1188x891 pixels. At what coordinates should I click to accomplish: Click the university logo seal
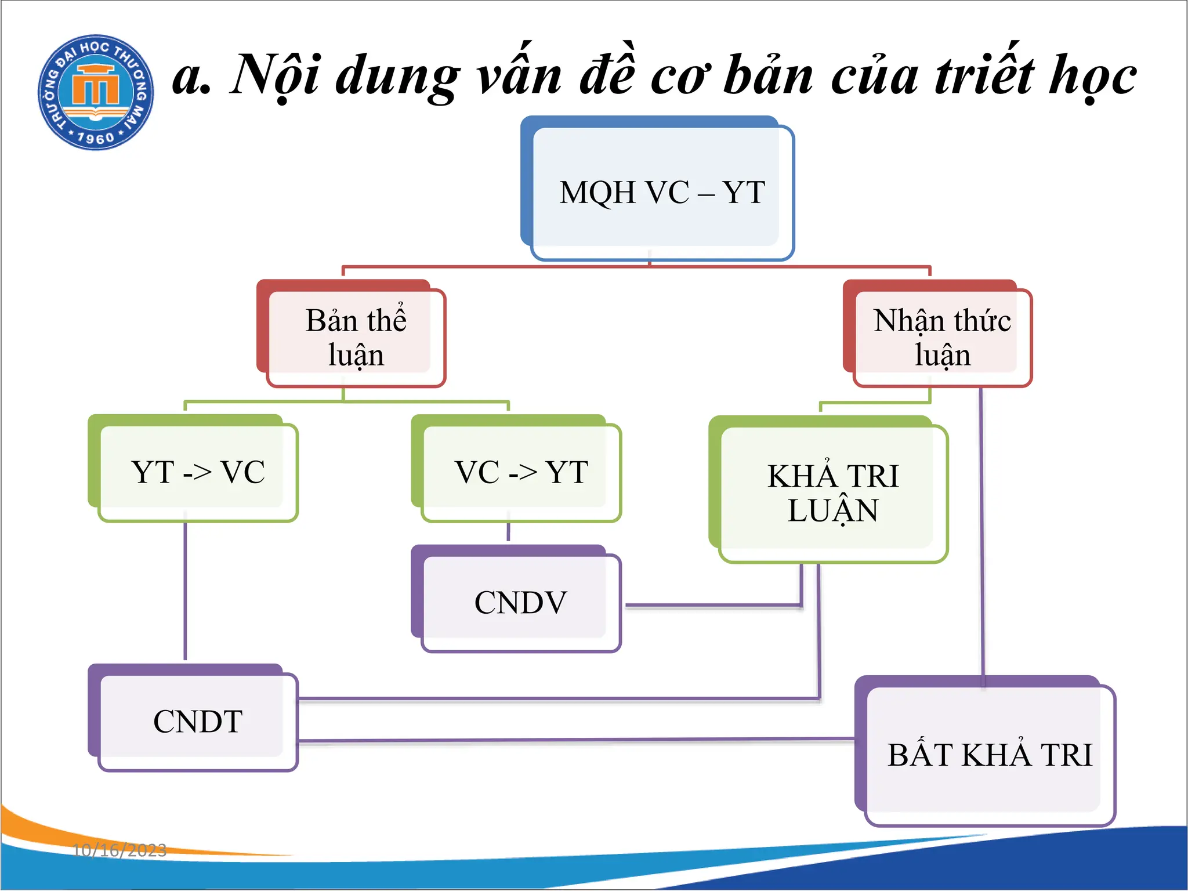96,92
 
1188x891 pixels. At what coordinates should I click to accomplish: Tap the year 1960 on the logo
96,138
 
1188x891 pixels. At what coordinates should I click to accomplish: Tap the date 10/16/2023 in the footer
119,850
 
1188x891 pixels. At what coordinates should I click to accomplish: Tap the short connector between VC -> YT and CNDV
508,532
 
